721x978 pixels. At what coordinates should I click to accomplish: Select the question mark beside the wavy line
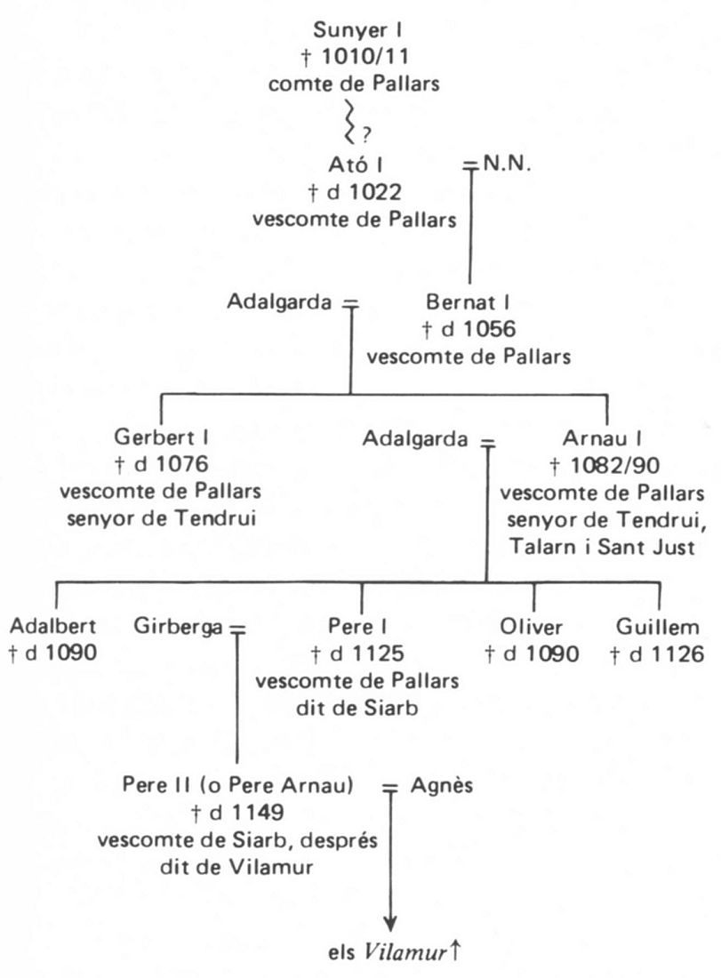[x=365, y=135]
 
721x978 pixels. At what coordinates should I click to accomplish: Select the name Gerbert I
[x=162, y=437]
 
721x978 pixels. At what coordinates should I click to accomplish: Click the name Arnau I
[x=602, y=437]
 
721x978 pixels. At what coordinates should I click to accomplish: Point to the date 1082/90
[x=613, y=463]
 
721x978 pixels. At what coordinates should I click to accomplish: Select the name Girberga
[x=179, y=628]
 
